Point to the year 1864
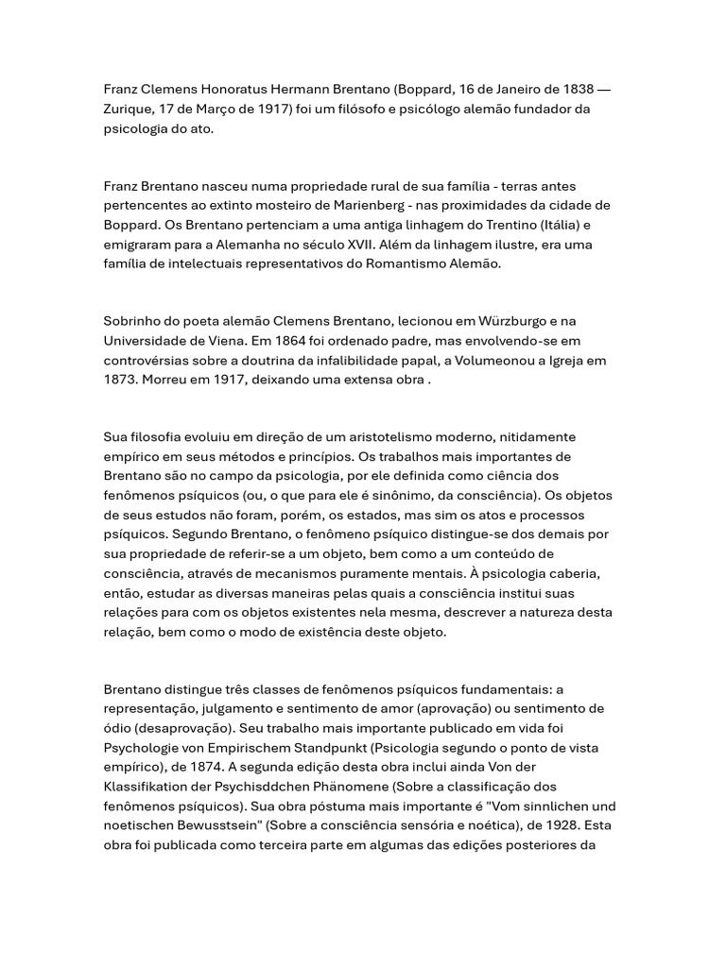pos(320,340)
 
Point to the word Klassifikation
pos(149,786)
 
